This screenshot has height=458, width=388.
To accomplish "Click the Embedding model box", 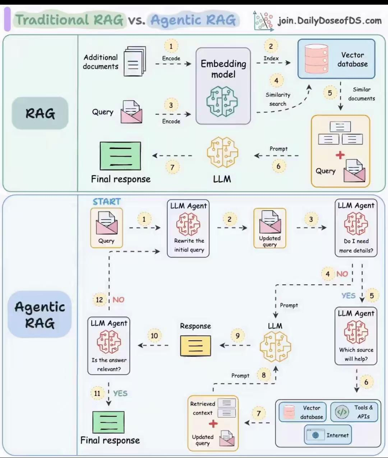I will pos(223,86).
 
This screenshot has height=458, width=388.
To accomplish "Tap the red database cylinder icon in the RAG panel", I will pos(316,59).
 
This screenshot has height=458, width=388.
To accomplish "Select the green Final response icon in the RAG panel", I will pos(120,156).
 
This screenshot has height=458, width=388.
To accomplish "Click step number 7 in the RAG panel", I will pos(172,167).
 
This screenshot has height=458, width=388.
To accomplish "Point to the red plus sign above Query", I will pos(340,155).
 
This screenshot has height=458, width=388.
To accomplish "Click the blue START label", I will pos(107,202).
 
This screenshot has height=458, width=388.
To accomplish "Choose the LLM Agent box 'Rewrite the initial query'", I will pos(188,229).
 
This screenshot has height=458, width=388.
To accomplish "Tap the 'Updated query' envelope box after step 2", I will pos(270,228).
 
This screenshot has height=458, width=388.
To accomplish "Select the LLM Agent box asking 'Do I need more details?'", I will pos(356,228).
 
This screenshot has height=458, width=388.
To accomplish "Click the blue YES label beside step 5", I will pos(348,295).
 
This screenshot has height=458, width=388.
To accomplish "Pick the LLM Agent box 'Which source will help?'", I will pos(356,336).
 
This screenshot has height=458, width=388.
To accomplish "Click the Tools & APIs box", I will pos(354,412).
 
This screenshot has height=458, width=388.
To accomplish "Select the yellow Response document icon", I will pos(195,346).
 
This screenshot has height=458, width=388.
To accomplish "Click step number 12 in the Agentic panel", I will pos(100,300).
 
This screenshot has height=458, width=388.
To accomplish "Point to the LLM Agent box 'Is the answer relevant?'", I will pos(109,346).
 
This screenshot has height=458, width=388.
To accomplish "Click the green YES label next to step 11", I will pos(120,393).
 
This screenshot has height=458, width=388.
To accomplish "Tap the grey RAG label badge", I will pos(40,113).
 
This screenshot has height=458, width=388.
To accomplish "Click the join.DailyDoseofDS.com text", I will pos(329,20).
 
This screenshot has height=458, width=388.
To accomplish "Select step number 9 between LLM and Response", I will pos(237,336).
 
